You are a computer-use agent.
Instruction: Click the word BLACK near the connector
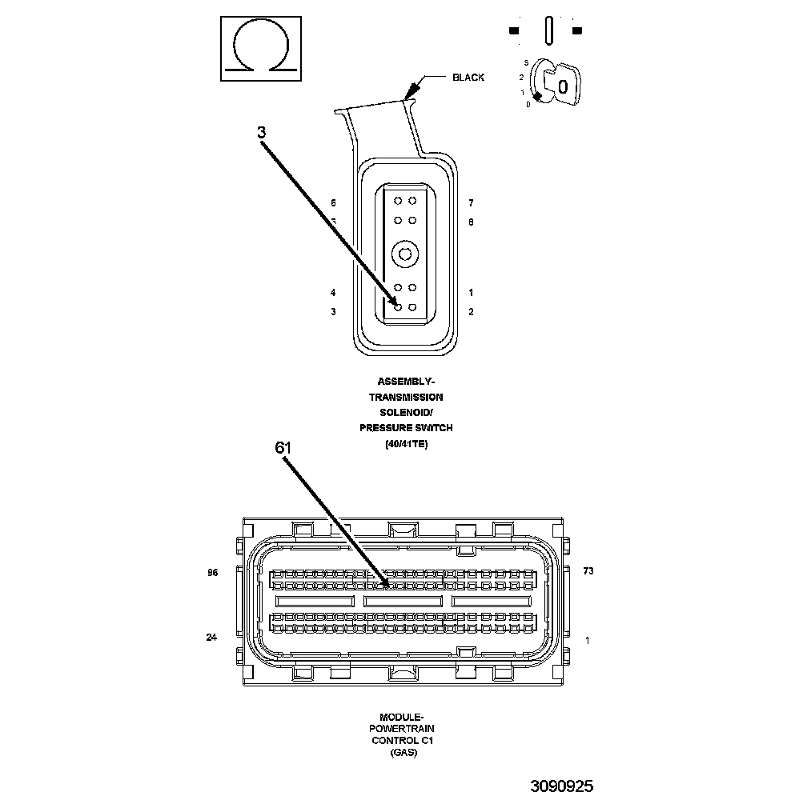pyautogui.click(x=468, y=78)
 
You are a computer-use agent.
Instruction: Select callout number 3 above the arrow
pyautogui.click(x=262, y=133)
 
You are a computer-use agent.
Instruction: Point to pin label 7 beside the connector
pyautogui.click(x=471, y=203)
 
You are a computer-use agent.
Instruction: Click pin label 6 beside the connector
pyautogui.click(x=333, y=203)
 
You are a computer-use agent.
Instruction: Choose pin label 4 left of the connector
pyautogui.click(x=333, y=293)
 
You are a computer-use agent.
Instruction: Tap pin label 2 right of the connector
pyautogui.click(x=471, y=312)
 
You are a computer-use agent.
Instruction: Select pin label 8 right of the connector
pyautogui.click(x=471, y=222)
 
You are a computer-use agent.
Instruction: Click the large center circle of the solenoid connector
pyautogui.click(x=405, y=254)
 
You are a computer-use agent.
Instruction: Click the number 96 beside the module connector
pyautogui.click(x=212, y=573)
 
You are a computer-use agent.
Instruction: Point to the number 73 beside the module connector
pyautogui.click(x=588, y=571)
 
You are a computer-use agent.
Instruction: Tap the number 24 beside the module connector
pyautogui.click(x=212, y=638)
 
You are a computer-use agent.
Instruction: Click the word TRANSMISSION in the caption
pyautogui.click(x=406, y=397)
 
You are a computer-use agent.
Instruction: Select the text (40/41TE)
pyautogui.click(x=406, y=444)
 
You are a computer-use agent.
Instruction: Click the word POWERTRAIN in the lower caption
pyautogui.click(x=401, y=730)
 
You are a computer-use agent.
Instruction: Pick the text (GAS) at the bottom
pyautogui.click(x=401, y=753)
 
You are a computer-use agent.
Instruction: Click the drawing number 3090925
pyautogui.click(x=561, y=786)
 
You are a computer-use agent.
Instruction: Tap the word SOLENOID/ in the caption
pyautogui.click(x=406, y=413)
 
